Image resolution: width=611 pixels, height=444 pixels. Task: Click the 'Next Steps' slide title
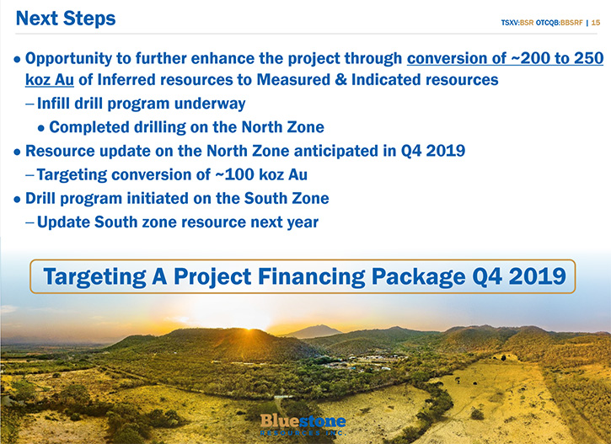click(66, 19)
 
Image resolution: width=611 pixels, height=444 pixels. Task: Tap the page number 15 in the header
click(596, 23)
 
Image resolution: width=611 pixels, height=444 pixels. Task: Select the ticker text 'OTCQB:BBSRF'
click(560, 23)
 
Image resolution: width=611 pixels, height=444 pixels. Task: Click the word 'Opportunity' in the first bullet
click(68, 59)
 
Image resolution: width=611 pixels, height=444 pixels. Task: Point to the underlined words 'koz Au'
click(50, 80)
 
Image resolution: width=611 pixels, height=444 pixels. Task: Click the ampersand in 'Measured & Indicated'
click(341, 79)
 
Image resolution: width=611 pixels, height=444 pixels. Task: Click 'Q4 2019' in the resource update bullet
click(433, 151)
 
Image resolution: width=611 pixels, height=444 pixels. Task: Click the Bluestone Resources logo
click(303, 425)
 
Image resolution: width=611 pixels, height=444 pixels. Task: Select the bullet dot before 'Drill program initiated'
click(17, 200)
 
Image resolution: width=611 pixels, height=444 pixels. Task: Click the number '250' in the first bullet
click(588, 58)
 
